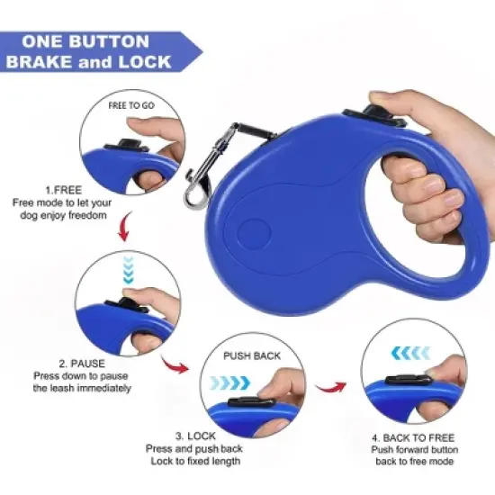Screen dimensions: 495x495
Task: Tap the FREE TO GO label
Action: (131, 105)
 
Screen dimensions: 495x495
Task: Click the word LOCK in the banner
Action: (151, 63)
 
